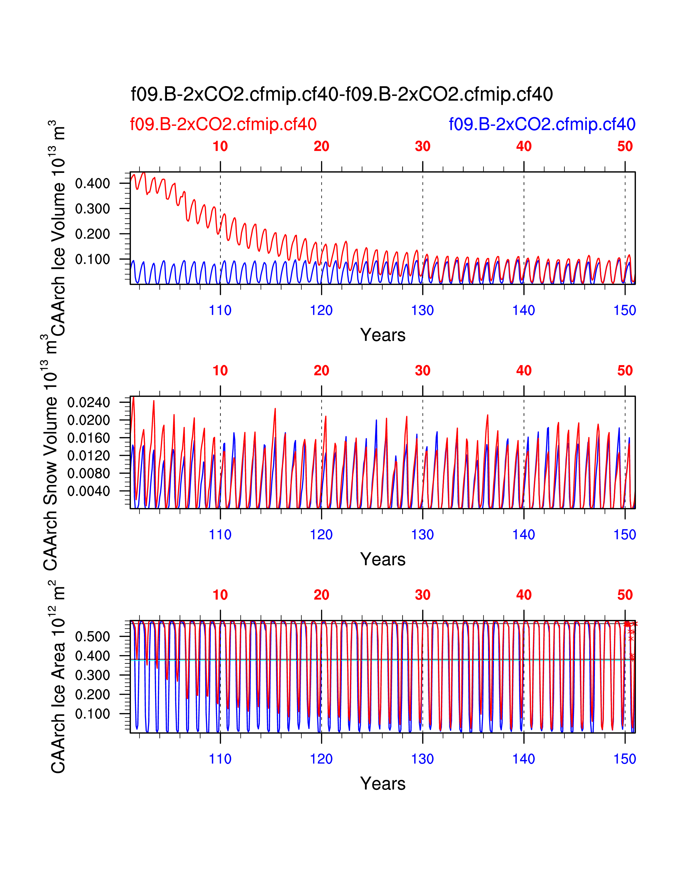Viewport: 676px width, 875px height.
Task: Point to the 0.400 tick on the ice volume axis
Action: (93, 183)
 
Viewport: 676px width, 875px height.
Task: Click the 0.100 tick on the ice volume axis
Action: (93, 259)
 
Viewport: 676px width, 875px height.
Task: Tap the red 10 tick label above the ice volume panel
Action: (220, 146)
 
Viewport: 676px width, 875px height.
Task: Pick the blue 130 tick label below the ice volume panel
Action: (423, 310)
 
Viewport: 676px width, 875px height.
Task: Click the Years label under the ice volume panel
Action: (383, 335)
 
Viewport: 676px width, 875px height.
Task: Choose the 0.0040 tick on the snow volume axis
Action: (89, 491)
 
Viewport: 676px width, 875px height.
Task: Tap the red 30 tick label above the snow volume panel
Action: (423, 371)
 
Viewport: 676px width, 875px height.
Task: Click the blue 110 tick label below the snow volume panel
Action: (220, 535)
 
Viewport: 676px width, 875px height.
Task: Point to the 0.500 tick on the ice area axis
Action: (93, 637)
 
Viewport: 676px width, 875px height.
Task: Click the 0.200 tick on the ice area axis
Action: (93, 694)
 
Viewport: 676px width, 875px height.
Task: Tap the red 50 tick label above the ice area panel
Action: (625, 595)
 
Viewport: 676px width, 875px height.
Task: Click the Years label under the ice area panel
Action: (383, 784)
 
